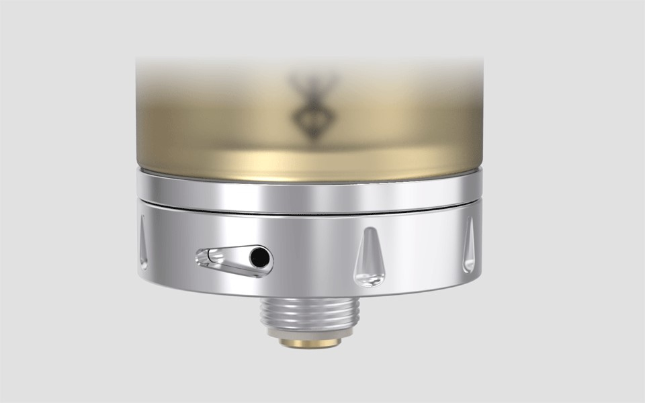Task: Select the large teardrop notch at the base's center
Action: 369,258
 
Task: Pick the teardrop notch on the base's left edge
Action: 143,243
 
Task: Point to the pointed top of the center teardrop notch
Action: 368,232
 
